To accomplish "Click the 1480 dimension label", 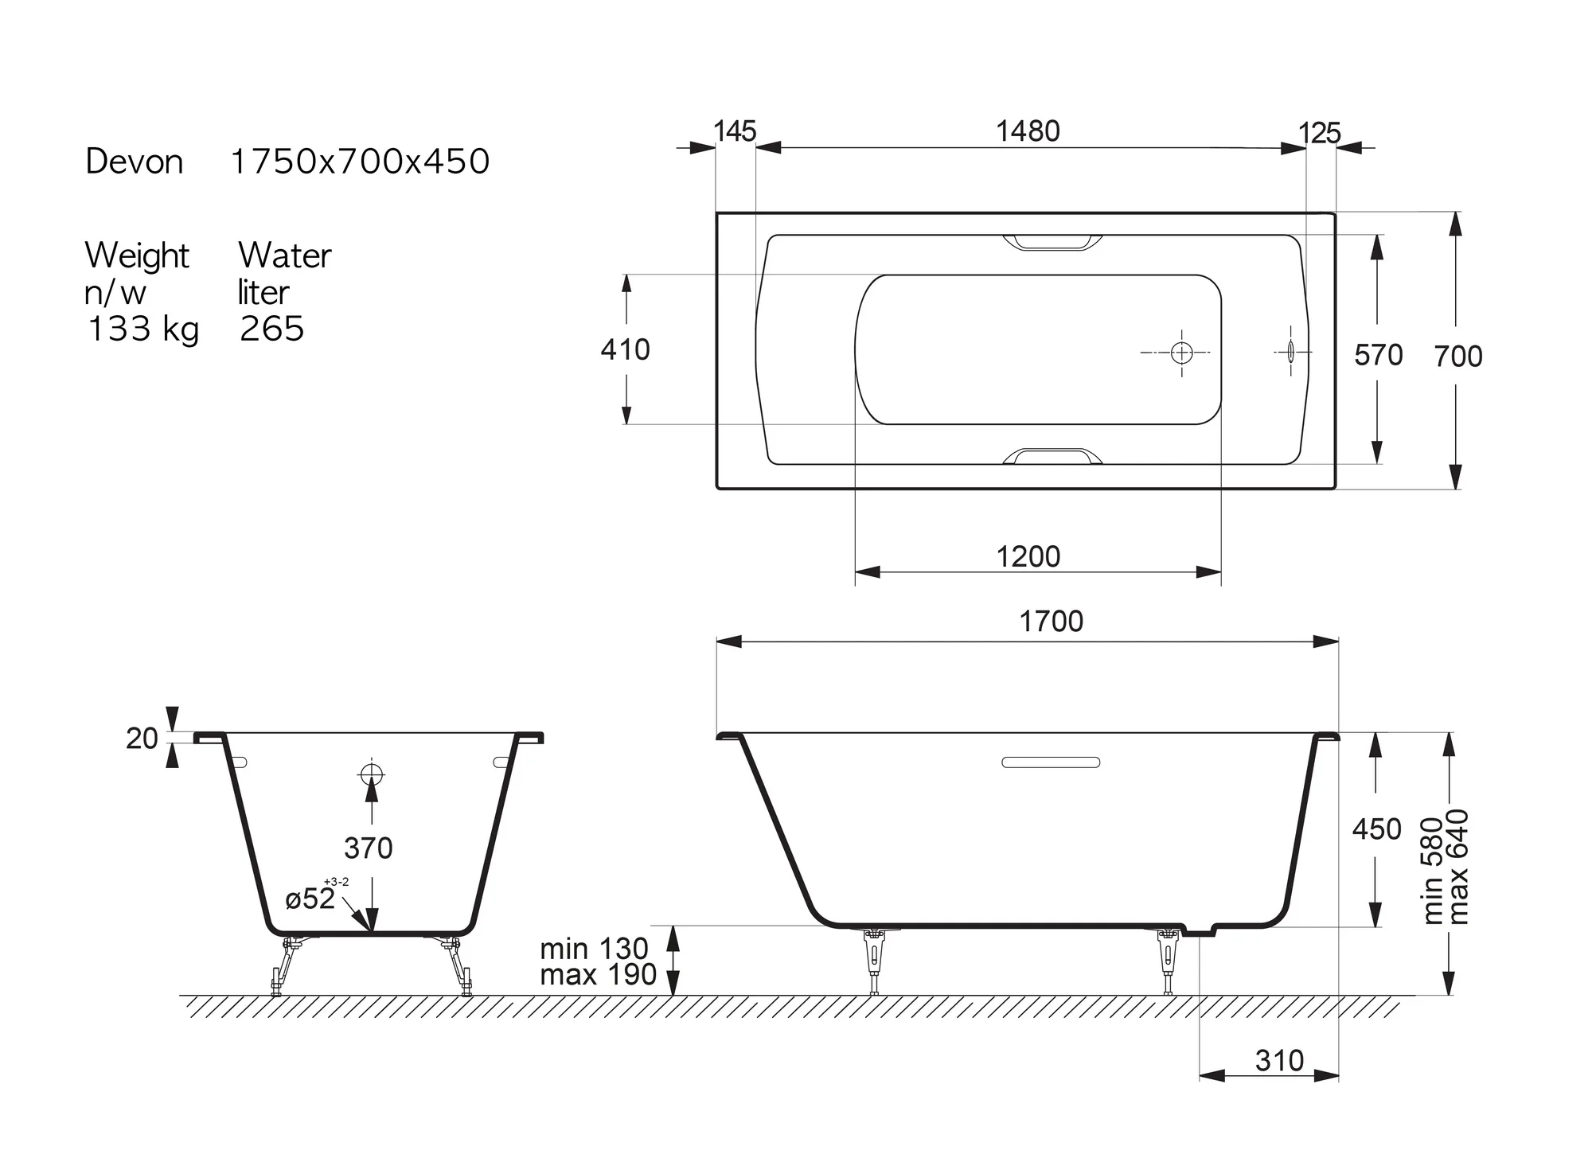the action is pyautogui.click(x=1028, y=131).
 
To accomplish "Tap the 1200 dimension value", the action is pyautogui.click(x=1028, y=556).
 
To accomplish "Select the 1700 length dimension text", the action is pyautogui.click(x=1051, y=621).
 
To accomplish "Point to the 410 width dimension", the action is pyautogui.click(x=626, y=349).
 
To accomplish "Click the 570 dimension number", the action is pyautogui.click(x=1379, y=355).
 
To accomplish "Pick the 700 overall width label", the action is pyautogui.click(x=1458, y=357).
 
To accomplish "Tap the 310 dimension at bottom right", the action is pyautogui.click(x=1279, y=1060).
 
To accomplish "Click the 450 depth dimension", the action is pyautogui.click(x=1376, y=829).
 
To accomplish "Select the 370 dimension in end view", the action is pyautogui.click(x=369, y=848).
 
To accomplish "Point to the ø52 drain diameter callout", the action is pyautogui.click(x=310, y=898).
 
